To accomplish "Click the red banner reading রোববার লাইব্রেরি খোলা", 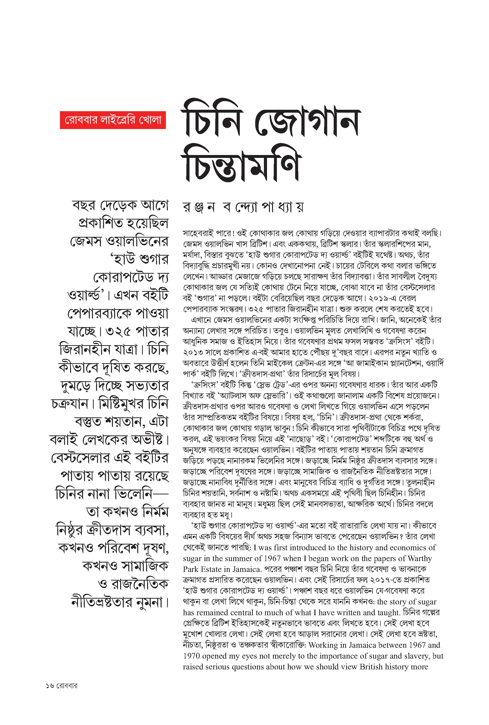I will pyautogui.click(x=113, y=120).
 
